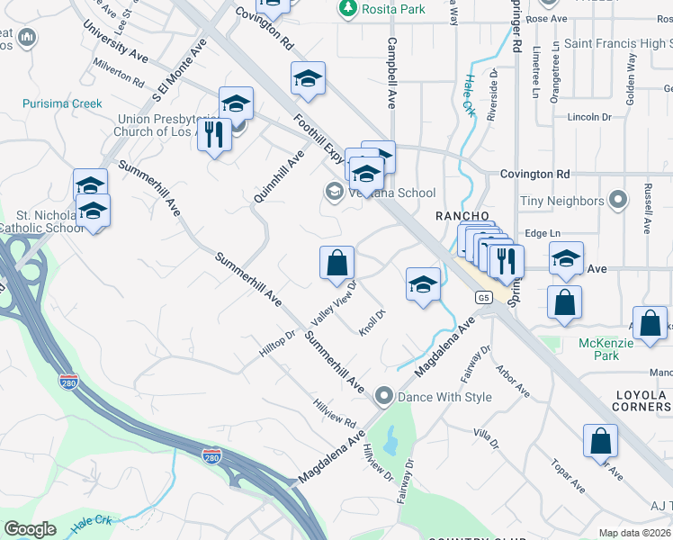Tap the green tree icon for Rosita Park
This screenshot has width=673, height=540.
(x=347, y=8)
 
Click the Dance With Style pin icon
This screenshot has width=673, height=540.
(x=385, y=396)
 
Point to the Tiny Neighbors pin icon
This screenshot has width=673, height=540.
(x=618, y=200)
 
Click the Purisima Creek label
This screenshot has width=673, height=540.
(x=63, y=103)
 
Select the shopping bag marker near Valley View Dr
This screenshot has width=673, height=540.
(x=336, y=263)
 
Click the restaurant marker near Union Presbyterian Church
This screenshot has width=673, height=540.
(x=214, y=135)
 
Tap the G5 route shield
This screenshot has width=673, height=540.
(x=485, y=297)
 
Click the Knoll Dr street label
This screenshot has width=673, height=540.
(x=372, y=321)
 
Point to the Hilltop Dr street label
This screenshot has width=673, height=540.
(x=277, y=346)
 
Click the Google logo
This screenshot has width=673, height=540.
(x=31, y=528)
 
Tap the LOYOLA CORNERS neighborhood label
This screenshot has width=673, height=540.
(x=641, y=401)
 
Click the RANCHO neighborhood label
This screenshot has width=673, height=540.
(x=462, y=216)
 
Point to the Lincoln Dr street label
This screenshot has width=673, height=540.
(x=589, y=117)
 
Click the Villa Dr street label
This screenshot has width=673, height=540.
(x=486, y=438)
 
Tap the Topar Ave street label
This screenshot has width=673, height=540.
(x=568, y=477)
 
